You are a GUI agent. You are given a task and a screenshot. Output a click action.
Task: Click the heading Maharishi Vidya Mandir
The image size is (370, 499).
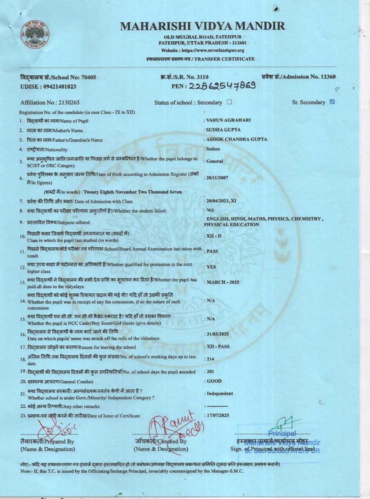[202, 26]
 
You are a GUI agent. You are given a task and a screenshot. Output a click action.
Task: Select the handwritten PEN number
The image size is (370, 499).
[222, 86]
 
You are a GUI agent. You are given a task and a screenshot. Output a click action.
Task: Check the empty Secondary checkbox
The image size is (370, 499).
[229, 102]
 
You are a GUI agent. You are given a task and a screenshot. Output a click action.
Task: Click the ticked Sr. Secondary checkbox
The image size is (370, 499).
[332, 102]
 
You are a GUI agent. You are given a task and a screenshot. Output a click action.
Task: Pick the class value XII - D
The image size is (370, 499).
[213, 236]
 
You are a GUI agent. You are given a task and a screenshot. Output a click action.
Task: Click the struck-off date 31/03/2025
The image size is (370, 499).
[218, 334]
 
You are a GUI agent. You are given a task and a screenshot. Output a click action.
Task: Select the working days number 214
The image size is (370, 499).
[210, 359]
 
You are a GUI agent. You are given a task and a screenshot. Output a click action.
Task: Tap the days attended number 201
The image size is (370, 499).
[210, 371]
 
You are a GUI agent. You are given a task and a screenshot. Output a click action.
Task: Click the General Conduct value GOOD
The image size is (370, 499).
[214, 381]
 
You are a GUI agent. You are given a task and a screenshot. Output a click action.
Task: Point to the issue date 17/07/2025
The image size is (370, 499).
[218, 415]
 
